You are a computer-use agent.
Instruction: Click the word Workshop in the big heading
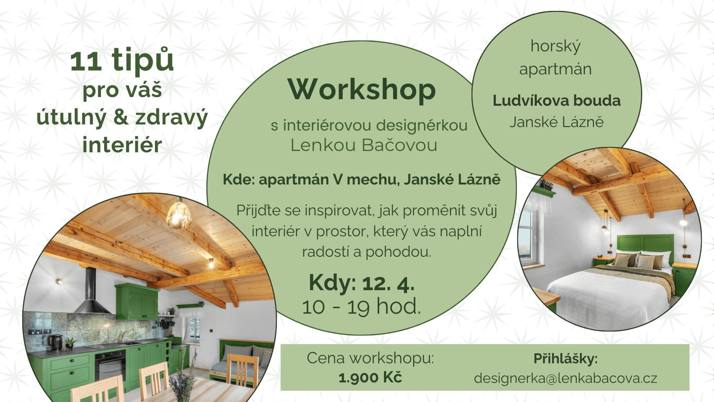coord(362,90)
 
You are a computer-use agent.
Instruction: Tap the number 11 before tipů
coord(86,61)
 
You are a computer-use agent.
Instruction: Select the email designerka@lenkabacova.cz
coord(565,379)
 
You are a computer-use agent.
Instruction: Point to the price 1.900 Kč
coord(370,378)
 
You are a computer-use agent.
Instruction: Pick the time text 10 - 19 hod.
coord(361,306)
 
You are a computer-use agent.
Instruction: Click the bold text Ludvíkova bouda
coord(556,100)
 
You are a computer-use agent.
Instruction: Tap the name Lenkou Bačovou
coord(364,145)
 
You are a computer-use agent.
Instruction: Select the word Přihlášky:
coord(566,358)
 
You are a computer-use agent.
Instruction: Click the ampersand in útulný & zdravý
coord(121,117)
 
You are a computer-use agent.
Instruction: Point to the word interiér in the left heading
coord(122,145)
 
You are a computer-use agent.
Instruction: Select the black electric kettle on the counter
coord(55,342)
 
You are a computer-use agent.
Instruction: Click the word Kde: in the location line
coord(239,179)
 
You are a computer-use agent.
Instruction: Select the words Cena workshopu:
coord(370,358)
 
